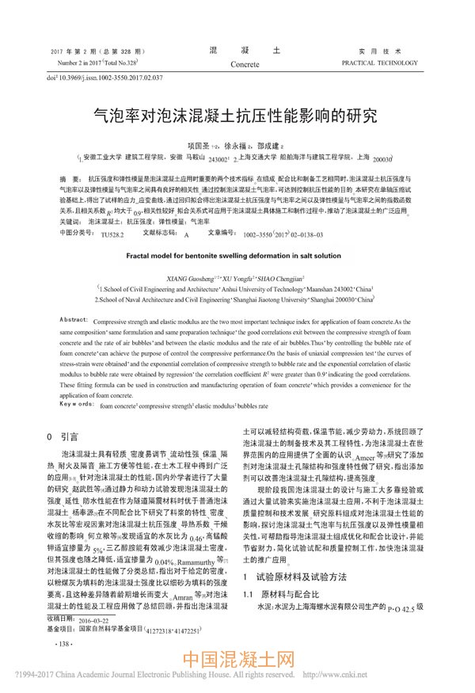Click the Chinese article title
coord(237,116)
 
